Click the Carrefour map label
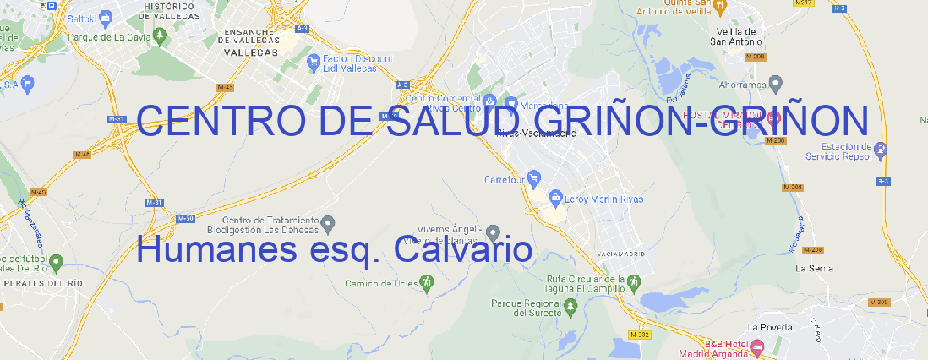(x=505, y=179)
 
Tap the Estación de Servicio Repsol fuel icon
(x=882, y=151)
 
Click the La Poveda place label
(x=770, y=327)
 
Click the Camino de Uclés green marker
(x=426, y=284)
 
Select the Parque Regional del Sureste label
(x=527, y=308)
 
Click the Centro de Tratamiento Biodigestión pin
(x=329, y=223)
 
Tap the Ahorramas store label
(x=743, y=85)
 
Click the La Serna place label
(x=815, y=268)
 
